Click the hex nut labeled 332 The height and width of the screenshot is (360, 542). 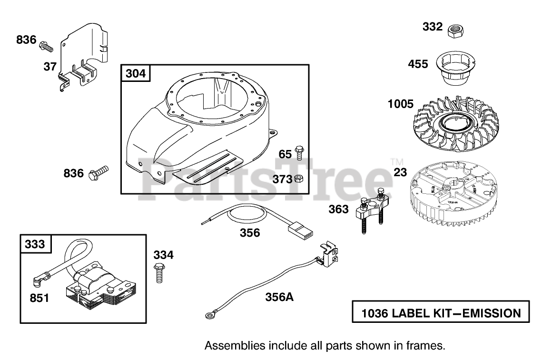tap(456, 30)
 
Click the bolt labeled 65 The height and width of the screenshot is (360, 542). tap(299, 153)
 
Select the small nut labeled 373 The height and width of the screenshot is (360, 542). tap(299, 179)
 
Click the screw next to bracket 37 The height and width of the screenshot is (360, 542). tap(46, 46)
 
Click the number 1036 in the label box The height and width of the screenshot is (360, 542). tap(375, 313)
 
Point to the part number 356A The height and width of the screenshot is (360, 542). tap(279, 297)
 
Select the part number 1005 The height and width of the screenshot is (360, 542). tap(400, 103)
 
